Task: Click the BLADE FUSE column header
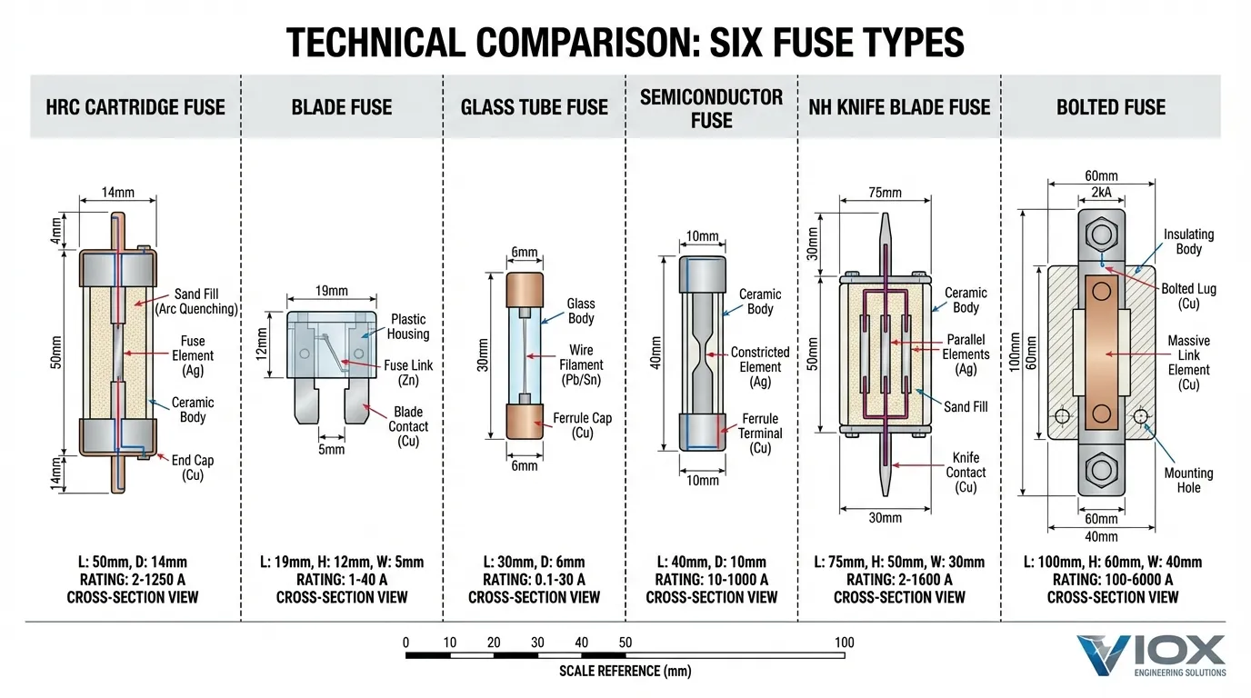click(341, 107)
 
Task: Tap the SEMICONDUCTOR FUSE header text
click(711, 108)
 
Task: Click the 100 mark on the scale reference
click(843, 643)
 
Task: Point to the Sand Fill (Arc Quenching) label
click(195, 302)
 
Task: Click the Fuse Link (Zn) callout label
click(408, 373)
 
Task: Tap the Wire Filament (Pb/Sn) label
click(581, 364)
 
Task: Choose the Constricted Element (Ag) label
click(760, 366)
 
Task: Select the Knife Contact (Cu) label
click(966, 473)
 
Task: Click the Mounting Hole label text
click(1188, 480)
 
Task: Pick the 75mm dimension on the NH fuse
click(884, 193)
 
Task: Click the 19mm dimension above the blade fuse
click(331, 292)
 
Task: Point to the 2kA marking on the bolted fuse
click(1101, 193)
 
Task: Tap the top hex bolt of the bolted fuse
click(1102, 234)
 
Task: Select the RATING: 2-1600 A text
click(899, 580)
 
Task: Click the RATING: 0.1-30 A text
click(534, 580)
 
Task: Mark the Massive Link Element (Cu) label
click(1188, 363)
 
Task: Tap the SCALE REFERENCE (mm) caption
click(625, 672)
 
